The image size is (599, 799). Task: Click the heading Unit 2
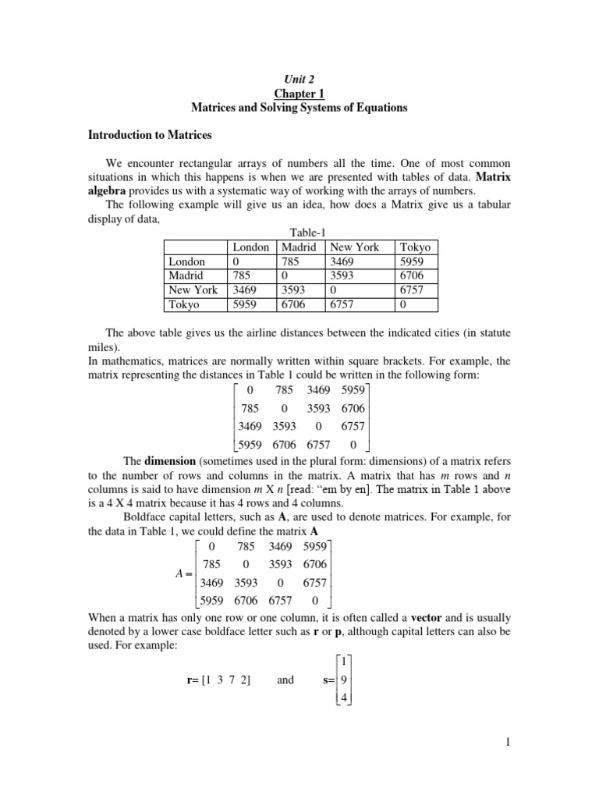pos(300,79)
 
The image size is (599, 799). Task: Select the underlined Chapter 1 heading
pos(300,94)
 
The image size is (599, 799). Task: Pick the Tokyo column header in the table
pos(414,247)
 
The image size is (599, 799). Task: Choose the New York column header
pos(356,247)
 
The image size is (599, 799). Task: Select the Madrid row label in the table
pos(186,275)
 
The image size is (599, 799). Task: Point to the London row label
pos(187,261)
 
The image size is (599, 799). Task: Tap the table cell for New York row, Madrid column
pos(290,289)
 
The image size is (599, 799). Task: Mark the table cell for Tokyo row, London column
pos(246,304)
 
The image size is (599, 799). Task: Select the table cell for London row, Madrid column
pos(289,261)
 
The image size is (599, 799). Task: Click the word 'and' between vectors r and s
pos(285,680)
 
